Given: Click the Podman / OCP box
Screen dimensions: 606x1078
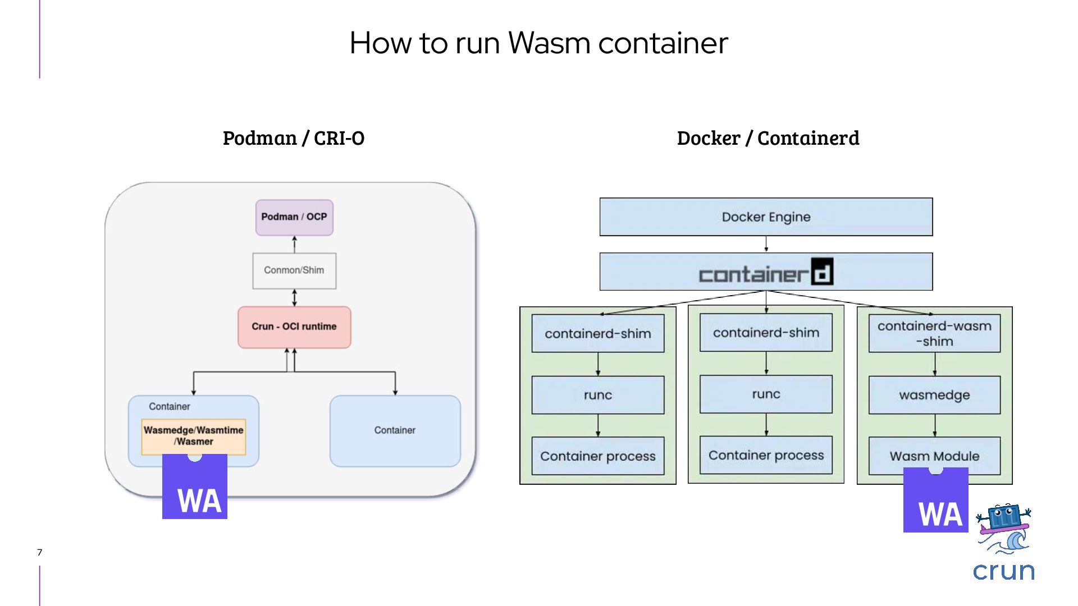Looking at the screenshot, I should tap(294, 217).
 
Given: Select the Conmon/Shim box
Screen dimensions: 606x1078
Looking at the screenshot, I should tap(294, 270).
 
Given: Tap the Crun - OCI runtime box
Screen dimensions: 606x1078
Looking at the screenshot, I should tap(294, 327).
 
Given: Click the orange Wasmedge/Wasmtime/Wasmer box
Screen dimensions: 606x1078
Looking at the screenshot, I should tap(194, 436).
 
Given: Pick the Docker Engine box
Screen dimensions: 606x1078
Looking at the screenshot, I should tap(766, 217).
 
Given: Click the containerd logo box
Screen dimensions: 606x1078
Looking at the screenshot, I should tap(766, 272).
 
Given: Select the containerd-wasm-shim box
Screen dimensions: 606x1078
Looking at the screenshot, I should tap(934, 333).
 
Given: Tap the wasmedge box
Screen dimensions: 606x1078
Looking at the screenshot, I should tap(934, 395).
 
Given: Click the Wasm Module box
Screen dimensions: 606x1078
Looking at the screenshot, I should tap(934, 456).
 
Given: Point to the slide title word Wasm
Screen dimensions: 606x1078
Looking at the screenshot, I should tap(549, 43).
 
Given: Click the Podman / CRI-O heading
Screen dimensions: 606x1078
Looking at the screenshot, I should tap(294, 138).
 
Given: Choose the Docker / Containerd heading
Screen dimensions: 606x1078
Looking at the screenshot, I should tap(768, 138).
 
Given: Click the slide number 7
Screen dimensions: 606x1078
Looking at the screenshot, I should tap(40, 552).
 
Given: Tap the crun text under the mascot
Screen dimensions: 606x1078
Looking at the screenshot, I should tap(1003, 571).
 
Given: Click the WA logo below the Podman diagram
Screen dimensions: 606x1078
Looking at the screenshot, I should tap(195, 487).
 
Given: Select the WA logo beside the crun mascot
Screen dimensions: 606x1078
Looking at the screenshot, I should tap(935, 501).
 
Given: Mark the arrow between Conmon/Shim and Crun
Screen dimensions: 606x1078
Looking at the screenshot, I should tap(294, 298).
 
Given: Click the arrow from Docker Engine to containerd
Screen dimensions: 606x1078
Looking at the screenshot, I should tap(766, 244).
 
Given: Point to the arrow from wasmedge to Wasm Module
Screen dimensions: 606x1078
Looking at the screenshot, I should tap(935, 425).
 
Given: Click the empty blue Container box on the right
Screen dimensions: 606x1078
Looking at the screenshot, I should tap(395, 430).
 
